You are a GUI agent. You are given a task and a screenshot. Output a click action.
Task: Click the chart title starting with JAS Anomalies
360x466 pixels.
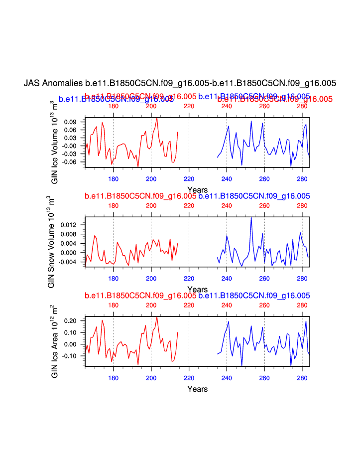[180, 83]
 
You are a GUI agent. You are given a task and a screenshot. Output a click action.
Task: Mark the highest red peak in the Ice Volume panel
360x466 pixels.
[157, 118]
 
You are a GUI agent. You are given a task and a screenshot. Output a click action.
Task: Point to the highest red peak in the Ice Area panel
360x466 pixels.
[157, 317]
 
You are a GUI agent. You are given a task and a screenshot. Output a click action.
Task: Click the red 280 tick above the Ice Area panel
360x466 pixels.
[302, 305]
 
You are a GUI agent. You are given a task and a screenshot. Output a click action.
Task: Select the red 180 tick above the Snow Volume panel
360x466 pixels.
[113, 205]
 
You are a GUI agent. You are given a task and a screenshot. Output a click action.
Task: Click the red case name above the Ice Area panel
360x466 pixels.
[140, 296]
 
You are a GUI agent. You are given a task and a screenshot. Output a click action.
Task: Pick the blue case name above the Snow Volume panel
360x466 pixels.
[254, 196]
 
